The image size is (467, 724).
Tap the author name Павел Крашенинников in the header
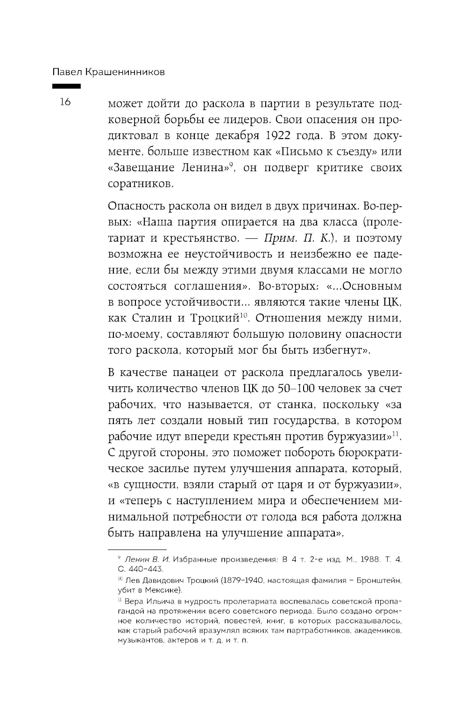click(x=109, y=72)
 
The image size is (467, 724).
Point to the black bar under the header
click(x=66, y=86)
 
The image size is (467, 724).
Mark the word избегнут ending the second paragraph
click(x=338, y=350)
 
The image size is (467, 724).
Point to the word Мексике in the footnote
click(x=166, y=591)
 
